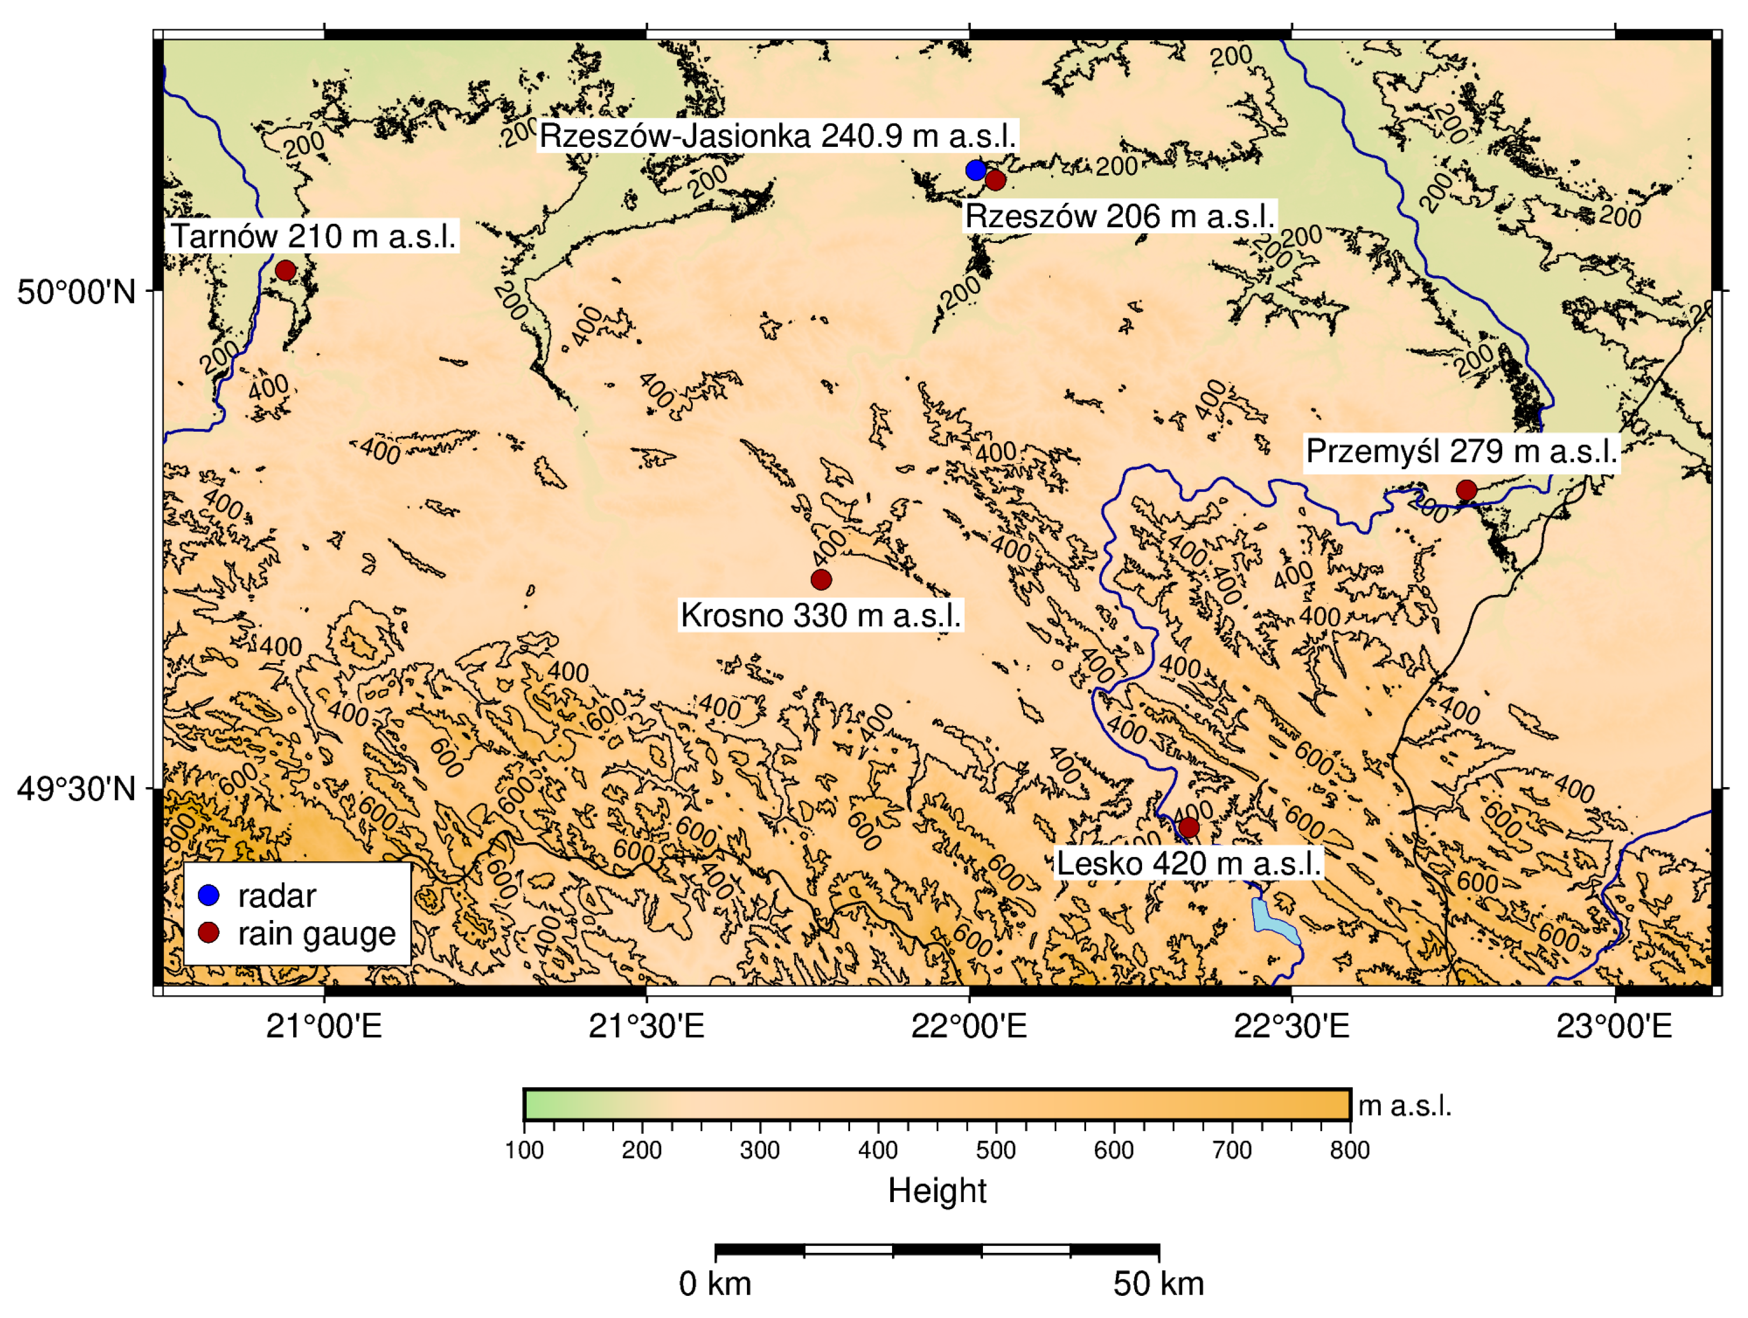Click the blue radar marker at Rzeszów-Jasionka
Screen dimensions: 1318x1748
976,170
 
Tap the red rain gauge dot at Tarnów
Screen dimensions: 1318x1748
286,270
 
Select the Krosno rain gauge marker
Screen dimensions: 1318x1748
821,580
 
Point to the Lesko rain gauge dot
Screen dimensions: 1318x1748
1189,828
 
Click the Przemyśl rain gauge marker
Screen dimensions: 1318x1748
1467,490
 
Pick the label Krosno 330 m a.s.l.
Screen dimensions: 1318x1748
821,615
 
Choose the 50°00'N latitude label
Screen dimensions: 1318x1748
77,291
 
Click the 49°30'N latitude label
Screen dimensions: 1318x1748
77,788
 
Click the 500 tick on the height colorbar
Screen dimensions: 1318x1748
996,1150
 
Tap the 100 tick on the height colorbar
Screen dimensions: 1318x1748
525,1150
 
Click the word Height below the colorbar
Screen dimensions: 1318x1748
937,1190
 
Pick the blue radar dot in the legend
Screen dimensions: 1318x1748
209,895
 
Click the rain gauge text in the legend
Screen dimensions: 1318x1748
316,934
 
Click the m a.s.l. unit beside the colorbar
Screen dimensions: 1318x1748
1404,1105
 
